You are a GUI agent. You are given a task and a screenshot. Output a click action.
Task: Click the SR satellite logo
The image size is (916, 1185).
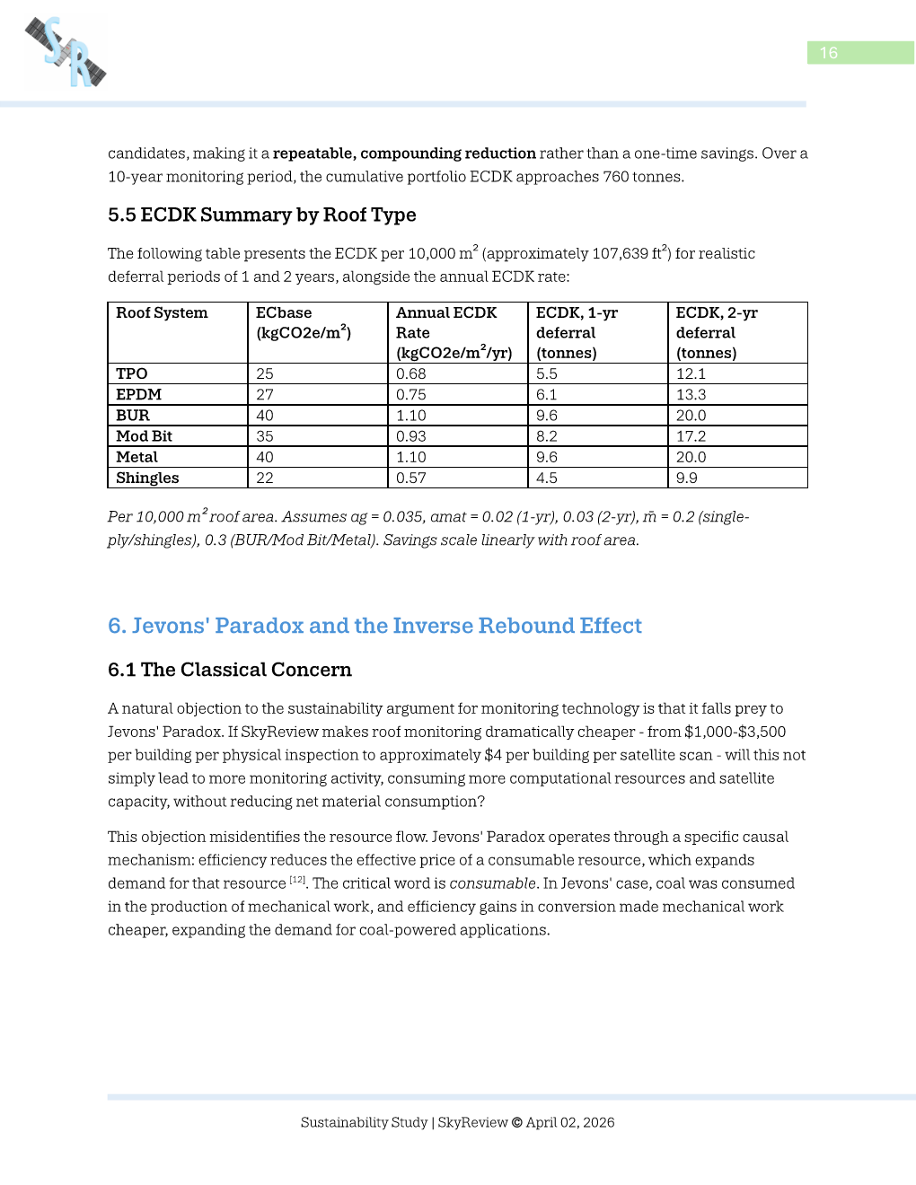tap(66, 53)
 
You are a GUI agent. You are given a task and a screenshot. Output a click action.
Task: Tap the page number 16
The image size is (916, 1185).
tap(829, 53)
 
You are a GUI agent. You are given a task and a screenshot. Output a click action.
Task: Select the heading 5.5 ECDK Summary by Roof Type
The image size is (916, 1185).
tap(261, 215)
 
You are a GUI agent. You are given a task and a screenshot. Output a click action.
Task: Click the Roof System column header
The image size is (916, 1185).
tap(162, 313)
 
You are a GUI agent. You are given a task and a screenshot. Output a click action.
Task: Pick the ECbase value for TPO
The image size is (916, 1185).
tap(265, 373)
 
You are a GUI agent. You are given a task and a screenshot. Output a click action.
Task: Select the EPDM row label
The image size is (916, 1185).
tap(138, 395)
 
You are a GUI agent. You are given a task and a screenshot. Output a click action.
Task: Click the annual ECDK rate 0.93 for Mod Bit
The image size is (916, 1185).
tap(411, 436)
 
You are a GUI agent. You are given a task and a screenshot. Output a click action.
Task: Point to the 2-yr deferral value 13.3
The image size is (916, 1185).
tap(691, 395)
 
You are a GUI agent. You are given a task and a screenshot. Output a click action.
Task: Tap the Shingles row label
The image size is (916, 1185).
tap(147, 478)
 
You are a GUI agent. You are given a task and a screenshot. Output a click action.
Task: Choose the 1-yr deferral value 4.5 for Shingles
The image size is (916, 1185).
tap(546, 478)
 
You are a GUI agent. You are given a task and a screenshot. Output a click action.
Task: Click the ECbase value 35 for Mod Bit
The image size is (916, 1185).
tap(265, 436)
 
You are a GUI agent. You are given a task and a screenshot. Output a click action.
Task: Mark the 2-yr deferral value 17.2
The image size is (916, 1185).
tap(691, 436)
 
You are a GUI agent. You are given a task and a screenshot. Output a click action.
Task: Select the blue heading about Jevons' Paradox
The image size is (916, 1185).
tap(374, 626)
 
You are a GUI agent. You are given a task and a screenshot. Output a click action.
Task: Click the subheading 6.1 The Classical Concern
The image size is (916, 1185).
tap(229, 670)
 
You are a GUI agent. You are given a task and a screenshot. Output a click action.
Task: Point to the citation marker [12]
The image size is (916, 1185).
tap(297, 881)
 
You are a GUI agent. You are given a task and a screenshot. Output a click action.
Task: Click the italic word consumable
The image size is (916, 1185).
tap(492, 883)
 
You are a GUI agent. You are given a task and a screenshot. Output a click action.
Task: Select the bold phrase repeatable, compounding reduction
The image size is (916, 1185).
tap(404, 154)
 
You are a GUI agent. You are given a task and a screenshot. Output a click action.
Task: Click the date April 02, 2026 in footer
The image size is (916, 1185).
tap(570, 1122)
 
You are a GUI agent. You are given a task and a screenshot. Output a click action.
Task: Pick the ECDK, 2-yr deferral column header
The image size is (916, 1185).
tap(717, 332)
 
